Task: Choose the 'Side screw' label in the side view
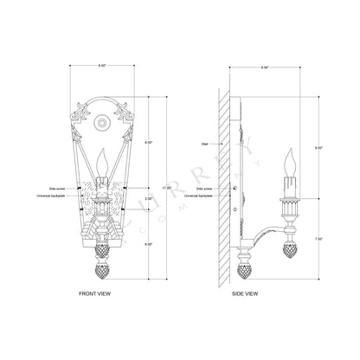[205, 187]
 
